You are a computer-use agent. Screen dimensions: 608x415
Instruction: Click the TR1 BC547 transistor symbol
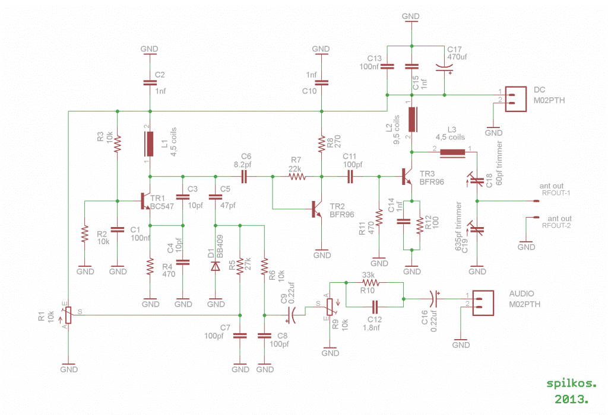pos(145,201)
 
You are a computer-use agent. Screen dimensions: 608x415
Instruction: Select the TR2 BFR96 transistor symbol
pos(317,209)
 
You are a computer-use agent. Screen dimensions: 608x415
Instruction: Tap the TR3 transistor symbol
pos(407,177)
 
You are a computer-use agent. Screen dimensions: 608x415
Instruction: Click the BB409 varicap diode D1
pos(215,266)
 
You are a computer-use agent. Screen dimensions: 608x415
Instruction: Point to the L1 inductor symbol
pos(150,144)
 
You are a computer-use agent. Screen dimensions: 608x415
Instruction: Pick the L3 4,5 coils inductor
pos(452,152)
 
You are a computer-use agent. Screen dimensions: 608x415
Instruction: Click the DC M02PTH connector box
pos(516,99)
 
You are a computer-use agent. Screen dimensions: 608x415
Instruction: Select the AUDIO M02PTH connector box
pos(483,303)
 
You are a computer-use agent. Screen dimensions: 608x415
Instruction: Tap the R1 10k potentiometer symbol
pos(68,315)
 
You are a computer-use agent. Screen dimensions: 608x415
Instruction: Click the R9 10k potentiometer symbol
pos(330,307)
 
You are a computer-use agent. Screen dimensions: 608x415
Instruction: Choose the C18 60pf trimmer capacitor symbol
pos(477,179)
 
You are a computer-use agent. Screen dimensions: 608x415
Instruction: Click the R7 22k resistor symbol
pos(297,177)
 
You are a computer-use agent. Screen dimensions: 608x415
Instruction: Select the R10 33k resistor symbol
pos(370,283)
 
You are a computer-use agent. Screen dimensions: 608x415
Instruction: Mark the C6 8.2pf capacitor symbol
pos(244,177)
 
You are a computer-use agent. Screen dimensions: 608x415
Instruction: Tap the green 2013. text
pos(572,399)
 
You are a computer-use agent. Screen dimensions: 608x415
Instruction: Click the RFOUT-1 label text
pos(556,193)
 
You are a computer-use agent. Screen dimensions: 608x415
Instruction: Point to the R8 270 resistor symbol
pos(321,144)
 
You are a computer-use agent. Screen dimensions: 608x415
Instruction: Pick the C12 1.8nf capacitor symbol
pos(375,307)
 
